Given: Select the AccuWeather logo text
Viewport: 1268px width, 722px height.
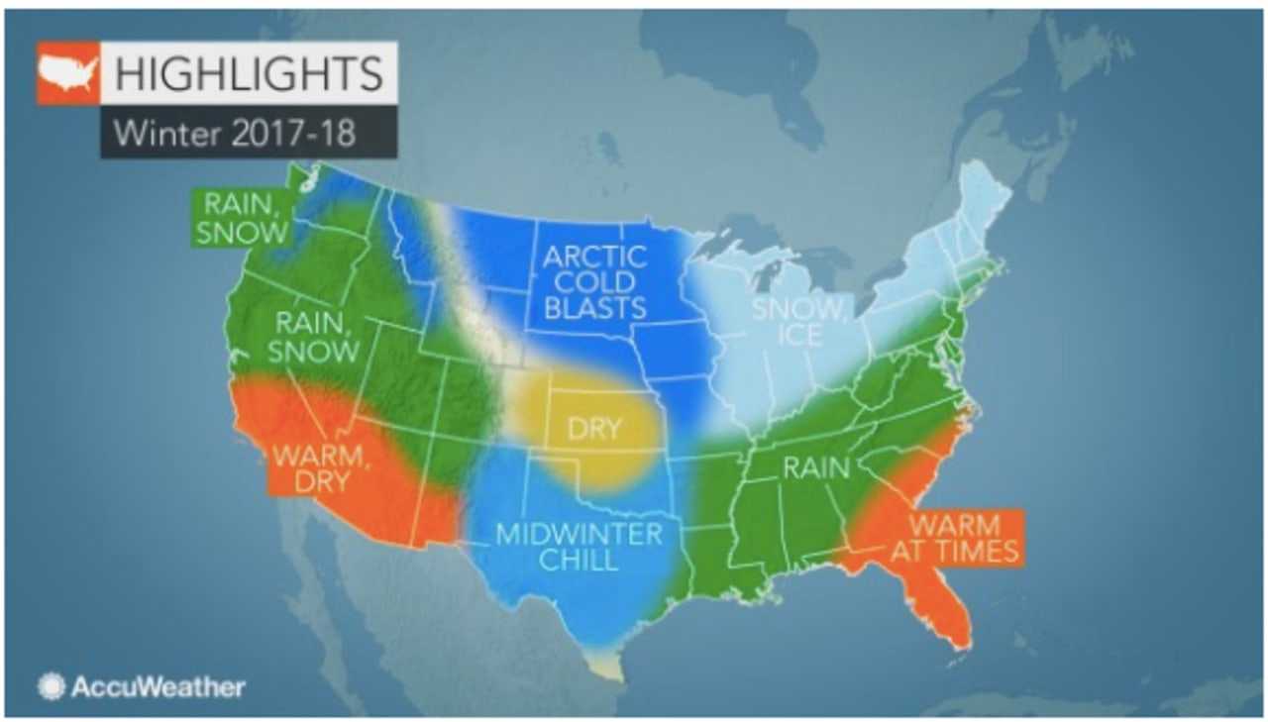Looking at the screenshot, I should click(x=157, y=686).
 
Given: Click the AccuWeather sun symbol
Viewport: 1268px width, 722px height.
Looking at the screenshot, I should click(x=52, y=686).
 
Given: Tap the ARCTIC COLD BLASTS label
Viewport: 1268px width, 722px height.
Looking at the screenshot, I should click(x=594, y=282).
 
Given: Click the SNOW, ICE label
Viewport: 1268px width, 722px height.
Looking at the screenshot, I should click(x=799, y=322).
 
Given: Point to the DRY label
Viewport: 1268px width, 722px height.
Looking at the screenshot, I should click(x=594, y=429).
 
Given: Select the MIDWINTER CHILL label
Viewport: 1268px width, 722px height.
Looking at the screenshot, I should click(x=580, y=547).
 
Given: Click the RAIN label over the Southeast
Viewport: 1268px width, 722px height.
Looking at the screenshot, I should click(x=816, y=467).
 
